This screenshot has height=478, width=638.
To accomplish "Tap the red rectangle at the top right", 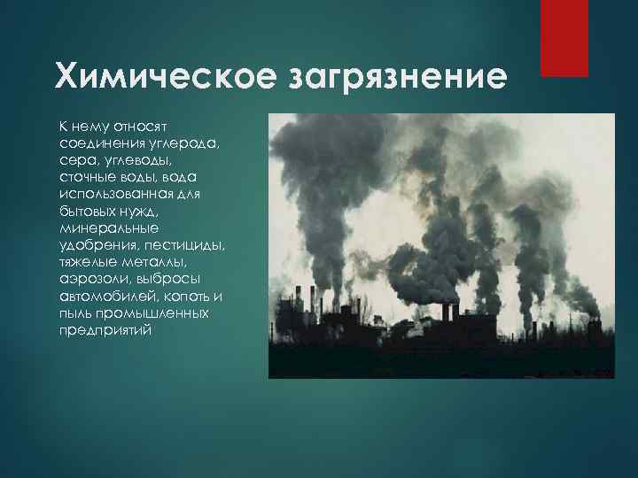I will (564, 38).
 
